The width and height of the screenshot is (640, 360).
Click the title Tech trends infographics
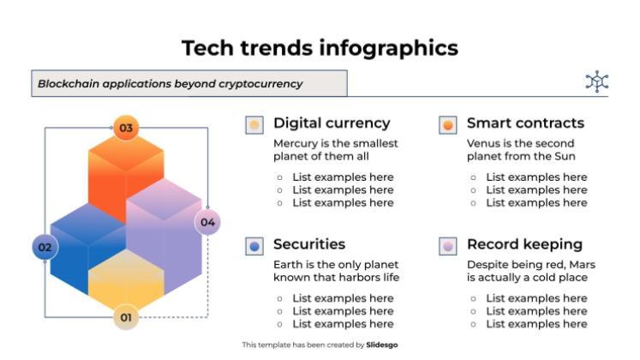(320, 48)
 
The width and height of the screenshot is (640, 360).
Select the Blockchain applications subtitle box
(188, 83)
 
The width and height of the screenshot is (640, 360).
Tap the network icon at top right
(596, 81)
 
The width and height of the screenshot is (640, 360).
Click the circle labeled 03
(126, 129)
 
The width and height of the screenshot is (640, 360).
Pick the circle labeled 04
(207, 222)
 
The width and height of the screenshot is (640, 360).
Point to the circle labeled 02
(45, 248)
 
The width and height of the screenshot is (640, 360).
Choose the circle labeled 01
(126, 318)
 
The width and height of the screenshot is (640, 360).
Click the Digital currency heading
(331, 123)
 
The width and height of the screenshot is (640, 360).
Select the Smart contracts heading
(525, 123)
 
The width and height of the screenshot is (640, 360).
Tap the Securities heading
(309, 244)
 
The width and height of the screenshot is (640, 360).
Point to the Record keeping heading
(524, 244)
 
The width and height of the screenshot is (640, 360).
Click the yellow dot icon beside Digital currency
(254, 125)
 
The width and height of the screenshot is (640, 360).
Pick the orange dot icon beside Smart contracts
(447, 125)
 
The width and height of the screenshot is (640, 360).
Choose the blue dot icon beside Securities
(254, 246)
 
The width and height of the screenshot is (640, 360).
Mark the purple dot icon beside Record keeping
(447, 246)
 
